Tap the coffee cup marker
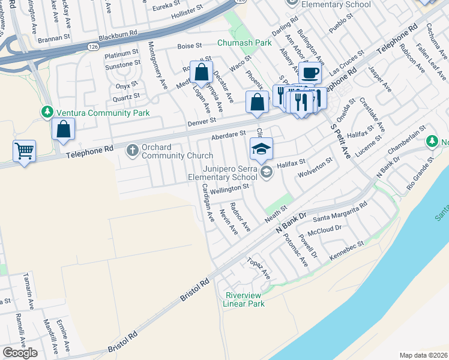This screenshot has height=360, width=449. coord(310,73)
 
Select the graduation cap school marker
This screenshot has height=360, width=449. coord(261,148)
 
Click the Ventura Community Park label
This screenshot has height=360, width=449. coord(101,112)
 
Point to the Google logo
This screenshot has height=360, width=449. coord(19,353)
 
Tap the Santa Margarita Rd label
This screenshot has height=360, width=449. coord(339,212)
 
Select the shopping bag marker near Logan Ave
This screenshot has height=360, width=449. coord(202,73)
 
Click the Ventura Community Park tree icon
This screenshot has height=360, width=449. coord(47,112)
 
